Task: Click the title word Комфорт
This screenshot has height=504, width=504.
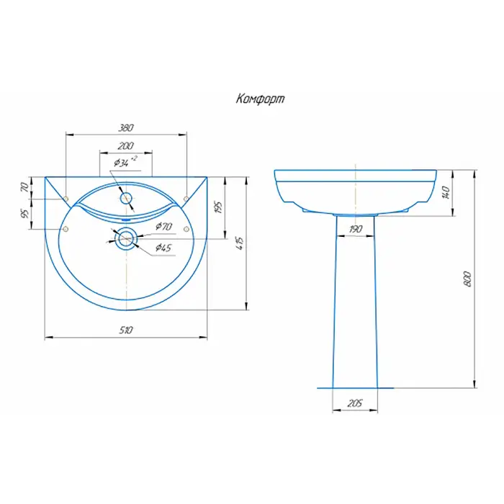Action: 260,99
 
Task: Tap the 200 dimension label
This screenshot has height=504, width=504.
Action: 125,145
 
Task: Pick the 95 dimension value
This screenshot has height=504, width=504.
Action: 25,214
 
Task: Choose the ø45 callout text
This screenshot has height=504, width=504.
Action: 163,248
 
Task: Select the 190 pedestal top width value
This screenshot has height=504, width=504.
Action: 356,229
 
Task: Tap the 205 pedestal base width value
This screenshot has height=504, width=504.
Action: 354,403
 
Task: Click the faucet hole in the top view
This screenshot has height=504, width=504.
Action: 126,197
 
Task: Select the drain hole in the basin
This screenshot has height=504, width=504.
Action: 126,238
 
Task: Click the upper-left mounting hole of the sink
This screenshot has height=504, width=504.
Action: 66,197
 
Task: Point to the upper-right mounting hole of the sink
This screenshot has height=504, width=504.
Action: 186,197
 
